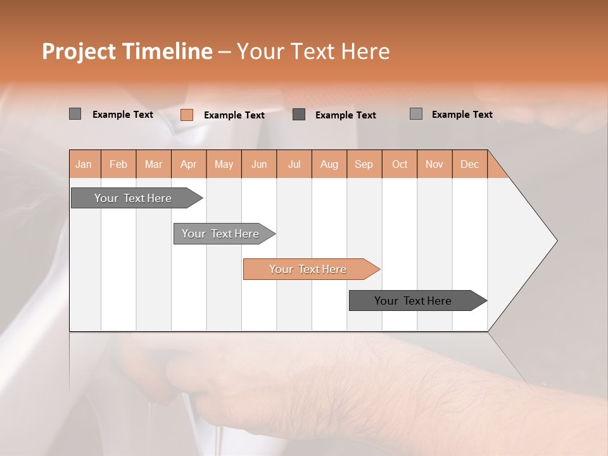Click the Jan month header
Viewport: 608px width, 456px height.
pos(84,165)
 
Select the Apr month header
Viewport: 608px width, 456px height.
pos(188,165)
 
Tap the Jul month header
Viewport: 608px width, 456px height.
pos(294,165)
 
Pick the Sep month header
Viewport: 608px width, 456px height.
pos(364,165)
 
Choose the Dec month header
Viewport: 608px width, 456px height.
pos(469,165)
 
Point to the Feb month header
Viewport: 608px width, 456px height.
pos(118,165)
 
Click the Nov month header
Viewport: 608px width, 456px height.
pos(434,165)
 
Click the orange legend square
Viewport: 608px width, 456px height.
pos(186,115)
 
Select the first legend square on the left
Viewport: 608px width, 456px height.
pos(75,114)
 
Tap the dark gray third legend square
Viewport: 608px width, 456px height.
pos(299,114)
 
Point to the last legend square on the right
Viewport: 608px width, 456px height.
pos(416,114)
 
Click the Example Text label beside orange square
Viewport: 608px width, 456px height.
pos(234,115)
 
